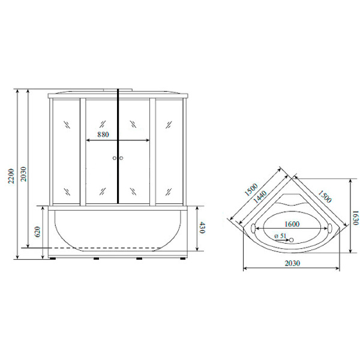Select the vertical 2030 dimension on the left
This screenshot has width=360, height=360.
point(23,173)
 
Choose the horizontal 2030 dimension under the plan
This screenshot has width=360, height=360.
point(292,263)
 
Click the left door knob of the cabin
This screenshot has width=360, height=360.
point(113,158)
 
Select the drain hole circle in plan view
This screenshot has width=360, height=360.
point(292,241)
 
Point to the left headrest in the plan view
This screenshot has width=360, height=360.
point(254,229)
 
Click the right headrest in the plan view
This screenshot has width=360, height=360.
point(329,229)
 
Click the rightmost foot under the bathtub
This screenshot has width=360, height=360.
point(181,259)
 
